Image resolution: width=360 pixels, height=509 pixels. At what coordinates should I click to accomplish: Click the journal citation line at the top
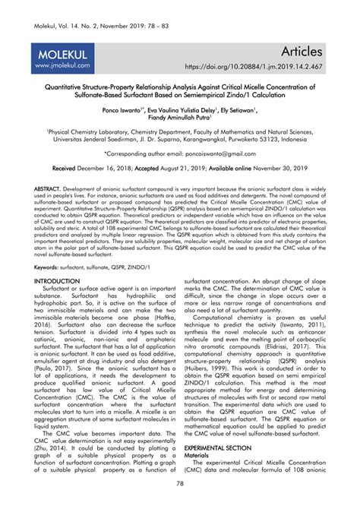[89, 9]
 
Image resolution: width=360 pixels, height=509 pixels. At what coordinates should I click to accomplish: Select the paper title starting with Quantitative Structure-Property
[180, 93]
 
